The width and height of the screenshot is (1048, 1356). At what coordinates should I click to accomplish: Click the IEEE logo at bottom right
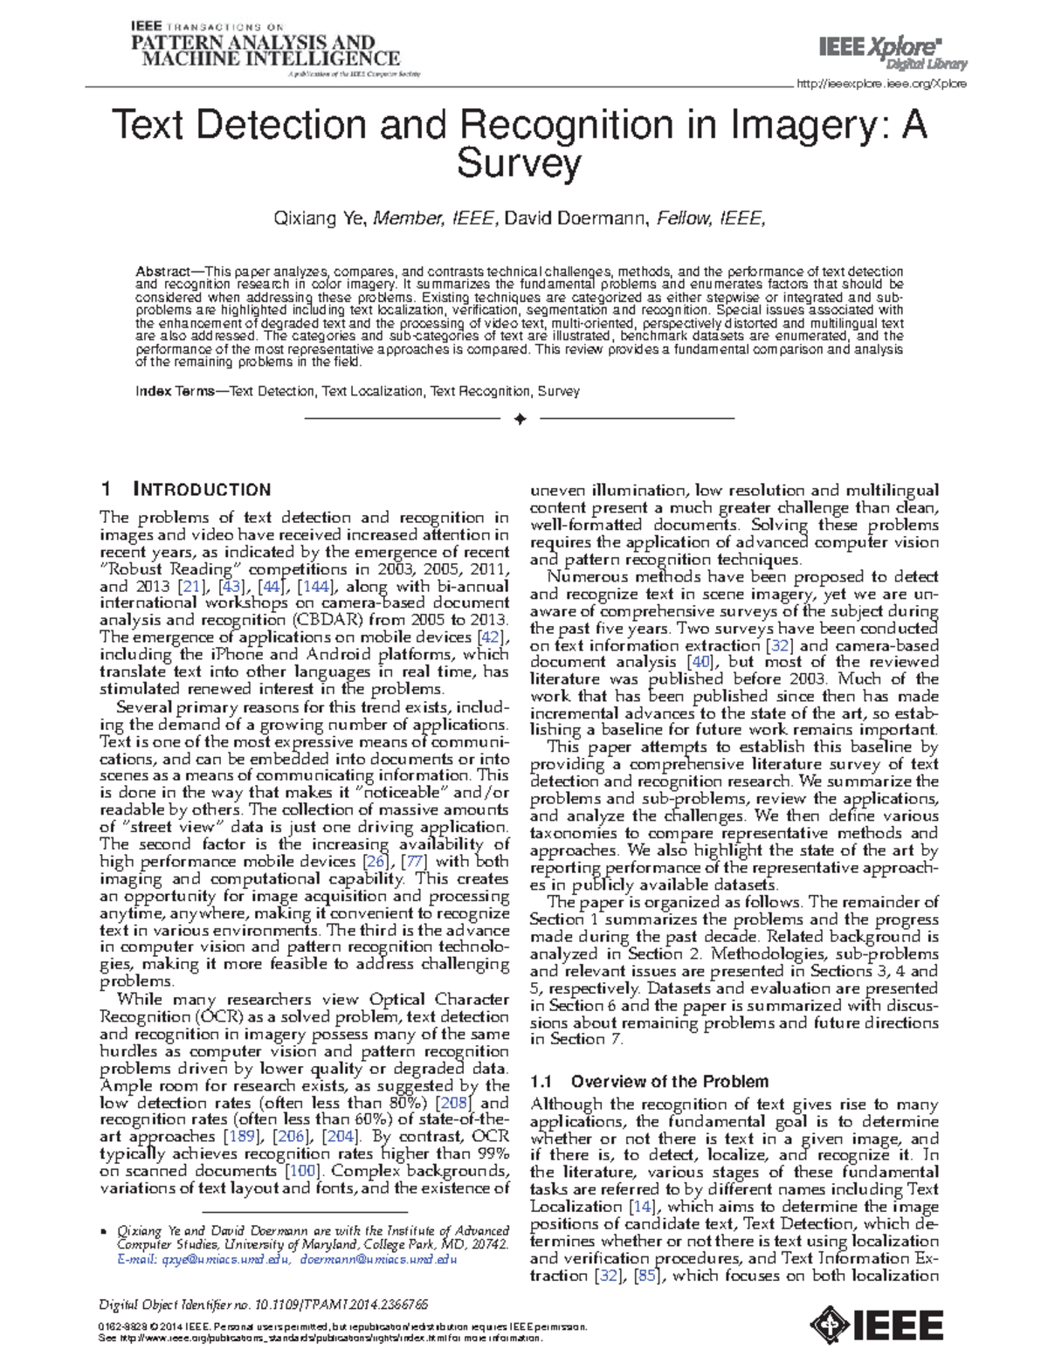point(877,1325)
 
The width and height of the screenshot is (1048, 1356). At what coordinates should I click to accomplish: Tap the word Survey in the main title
point(519,163)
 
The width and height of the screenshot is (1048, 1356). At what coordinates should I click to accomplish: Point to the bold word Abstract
point(163,272)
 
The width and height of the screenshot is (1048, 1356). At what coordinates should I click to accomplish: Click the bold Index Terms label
point(174,391)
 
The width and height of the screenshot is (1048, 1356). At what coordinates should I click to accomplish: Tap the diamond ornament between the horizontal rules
point(521,419)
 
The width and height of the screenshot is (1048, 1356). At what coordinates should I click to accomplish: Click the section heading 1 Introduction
point(186,490)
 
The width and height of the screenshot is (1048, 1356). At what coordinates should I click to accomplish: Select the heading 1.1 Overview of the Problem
point(650,1081)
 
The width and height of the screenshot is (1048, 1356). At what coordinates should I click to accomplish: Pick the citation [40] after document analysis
point(700,662)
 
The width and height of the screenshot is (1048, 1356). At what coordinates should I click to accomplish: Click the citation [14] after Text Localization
point(642,1207)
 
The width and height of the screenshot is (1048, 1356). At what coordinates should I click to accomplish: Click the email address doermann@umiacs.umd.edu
point(378,1260)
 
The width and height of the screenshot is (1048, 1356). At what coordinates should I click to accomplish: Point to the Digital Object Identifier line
point(264,1304)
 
